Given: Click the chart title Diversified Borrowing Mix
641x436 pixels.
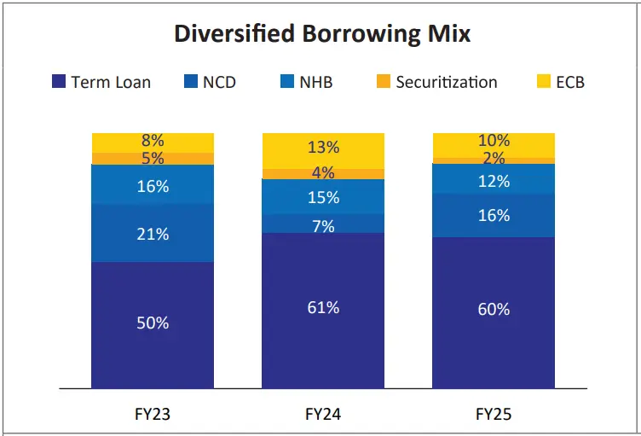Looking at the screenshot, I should pos(321,34).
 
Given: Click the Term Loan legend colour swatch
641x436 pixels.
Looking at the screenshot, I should pos(58,82).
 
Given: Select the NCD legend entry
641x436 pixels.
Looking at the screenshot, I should pos(209,82).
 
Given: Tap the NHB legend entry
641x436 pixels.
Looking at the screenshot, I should pos(306,82).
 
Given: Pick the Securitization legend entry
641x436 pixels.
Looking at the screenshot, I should pos(436,82).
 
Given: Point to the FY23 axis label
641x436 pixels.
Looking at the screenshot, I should pos(153,415).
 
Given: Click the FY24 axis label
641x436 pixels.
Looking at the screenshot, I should pos(323,415).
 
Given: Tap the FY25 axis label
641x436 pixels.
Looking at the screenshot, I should pos(494,415).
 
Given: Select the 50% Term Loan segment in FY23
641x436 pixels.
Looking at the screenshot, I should pos(153,323).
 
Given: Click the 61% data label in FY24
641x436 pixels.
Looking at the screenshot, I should pos(323,307).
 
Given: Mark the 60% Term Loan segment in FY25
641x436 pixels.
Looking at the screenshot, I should pos(494,310).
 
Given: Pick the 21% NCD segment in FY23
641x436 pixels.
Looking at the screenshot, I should pos(153,234).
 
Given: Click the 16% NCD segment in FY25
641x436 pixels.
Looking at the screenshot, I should pos(494,216).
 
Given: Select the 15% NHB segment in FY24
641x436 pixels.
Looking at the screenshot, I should pos(323,197).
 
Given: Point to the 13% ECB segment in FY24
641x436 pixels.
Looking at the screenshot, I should pos(323,148).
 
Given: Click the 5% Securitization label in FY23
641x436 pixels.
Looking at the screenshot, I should pos(153,159).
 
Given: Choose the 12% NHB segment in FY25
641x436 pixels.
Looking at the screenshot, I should pos(494,181).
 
